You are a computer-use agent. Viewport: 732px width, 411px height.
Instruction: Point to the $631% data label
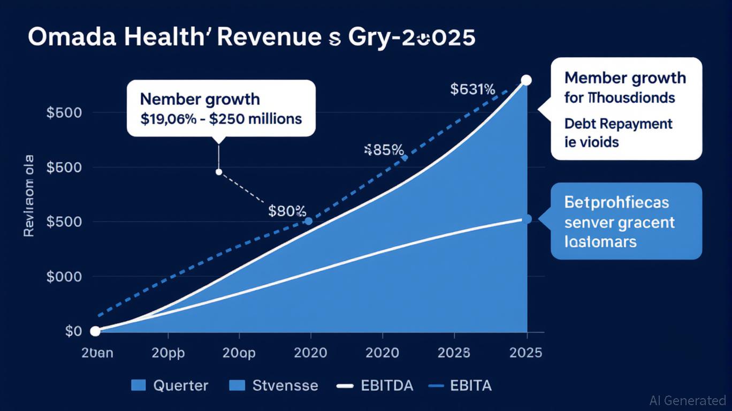click(x=472, y=89)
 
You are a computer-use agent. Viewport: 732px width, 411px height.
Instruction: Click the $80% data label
click(x=287, y=211)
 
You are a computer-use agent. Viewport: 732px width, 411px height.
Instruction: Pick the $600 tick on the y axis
click(x=64, y=168)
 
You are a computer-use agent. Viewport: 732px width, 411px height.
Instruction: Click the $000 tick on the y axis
click(x=64, y=277)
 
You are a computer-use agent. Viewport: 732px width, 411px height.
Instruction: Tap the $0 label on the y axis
click(x=73, y=331)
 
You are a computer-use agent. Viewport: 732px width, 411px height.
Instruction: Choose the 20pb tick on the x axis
click(x=168, y=353)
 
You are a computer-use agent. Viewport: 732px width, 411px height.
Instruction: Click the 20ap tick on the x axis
click(x=239, y=353)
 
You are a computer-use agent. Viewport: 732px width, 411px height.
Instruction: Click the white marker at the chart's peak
click(x=526, y=80)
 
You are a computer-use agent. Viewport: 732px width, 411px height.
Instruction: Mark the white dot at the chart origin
click(x=95, y=331)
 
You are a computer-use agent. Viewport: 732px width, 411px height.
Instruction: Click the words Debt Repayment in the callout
click(x=618, y=124)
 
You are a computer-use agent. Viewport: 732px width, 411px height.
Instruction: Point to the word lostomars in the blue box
click(x=600, y=241)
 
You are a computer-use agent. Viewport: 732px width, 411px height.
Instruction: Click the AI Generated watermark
click(x=688, y=400)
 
